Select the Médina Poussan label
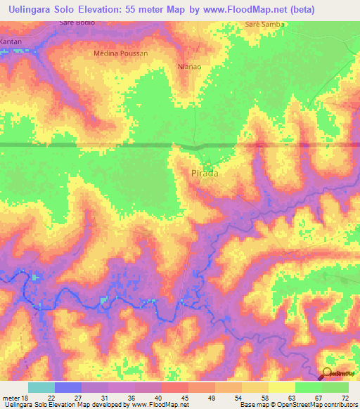tap(120, 53)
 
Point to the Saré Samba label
tap(264, 25)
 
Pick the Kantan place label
tap(11, 42)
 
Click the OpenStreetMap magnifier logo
tap(327, 374)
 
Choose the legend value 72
tap(345, 398)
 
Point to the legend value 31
tap(105, 398)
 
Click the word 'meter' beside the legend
tap(10, 398)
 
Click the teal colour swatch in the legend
tap(41, 387)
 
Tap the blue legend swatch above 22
tap(67, 387)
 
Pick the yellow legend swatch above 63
tap(281, 387)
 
